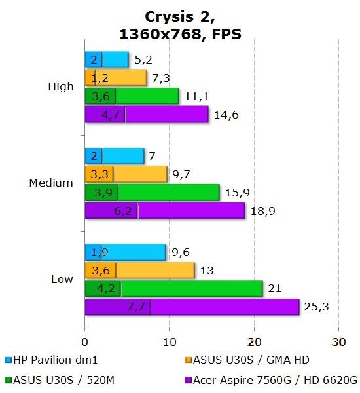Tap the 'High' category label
pyautogui.click(x=61, y=87)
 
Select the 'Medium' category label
pyautogui.click(x=51, y=183)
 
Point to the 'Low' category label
pyautogui.click(x=62, y=279)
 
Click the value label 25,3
pyautogui.click(x=315, y=307)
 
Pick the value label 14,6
pyautogui.click(x=224, y=115)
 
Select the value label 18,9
pyautogui.click(x=261, y=210)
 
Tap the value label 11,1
pyautogui.click(x=194, y=96)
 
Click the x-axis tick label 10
pyautogui.click(x=169, y=341)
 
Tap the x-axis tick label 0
pyautogui.click(x=85, y=341)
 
